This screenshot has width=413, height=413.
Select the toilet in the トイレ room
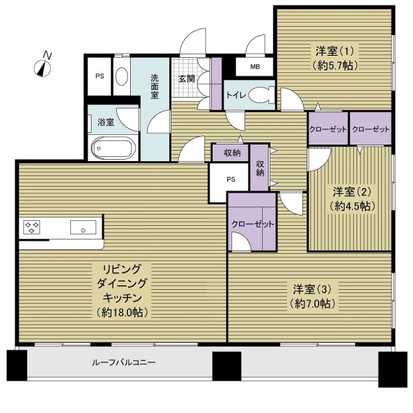click(x=260, y=95)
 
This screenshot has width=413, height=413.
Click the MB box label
click(x=255, y=67)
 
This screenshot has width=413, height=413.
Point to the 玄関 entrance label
click(x=187, y=78)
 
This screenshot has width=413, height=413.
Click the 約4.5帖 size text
click(x=352, y=206)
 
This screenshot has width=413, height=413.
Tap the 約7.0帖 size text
click(x=311, y=304)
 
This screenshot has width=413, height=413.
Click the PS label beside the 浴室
click(x=100, y=76)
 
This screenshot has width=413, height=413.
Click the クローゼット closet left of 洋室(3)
click(x=253, y=224)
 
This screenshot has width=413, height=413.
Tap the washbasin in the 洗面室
click(x=122, y=77)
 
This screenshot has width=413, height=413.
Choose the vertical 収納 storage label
click(x=260, y=168)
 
